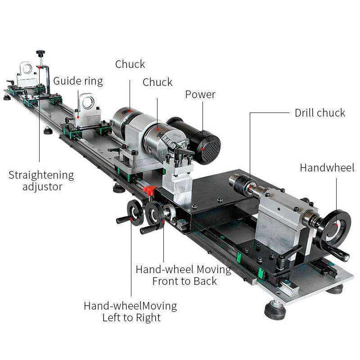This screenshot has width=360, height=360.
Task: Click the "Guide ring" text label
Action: (x=78, y=81)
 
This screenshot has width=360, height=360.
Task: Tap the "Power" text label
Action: (x=200, y=94)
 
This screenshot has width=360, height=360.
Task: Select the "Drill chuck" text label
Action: (x=320, y=112)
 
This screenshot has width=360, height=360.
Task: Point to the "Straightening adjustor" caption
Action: (x=41, y=180)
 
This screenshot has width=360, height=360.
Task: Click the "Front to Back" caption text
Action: (x=184, y=281)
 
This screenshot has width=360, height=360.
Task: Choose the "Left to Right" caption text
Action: (x=131, y=317)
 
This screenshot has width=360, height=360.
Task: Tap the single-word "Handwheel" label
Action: (x=327, y=168)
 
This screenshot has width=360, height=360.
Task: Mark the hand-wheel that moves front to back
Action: (x=154, y=214)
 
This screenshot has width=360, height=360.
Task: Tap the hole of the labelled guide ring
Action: (x=87, y=104)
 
